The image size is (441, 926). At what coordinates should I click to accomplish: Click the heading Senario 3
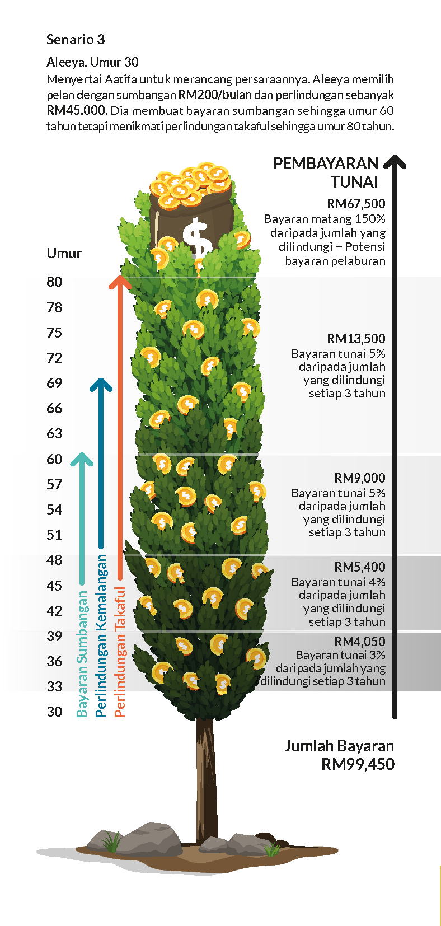76,39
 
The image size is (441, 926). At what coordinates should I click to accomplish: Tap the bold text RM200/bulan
215,95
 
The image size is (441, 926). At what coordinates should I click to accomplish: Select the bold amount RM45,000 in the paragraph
76,110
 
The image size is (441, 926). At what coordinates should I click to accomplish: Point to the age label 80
54,282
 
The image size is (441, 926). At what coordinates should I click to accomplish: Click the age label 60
54,459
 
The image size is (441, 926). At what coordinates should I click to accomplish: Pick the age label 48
54,560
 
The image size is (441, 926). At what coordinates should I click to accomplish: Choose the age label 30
54,712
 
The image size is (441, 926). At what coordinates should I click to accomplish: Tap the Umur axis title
64,253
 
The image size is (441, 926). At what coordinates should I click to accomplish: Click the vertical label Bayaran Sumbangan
82,654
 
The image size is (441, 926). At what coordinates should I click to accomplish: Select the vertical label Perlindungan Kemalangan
101,635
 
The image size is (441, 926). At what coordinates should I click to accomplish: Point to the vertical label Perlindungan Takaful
120,652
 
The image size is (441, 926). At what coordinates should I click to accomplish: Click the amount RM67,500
356,204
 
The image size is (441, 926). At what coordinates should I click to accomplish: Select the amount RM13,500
356,338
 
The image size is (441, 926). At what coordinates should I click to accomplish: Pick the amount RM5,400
360,567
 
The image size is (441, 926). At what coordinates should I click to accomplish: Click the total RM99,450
358,764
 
